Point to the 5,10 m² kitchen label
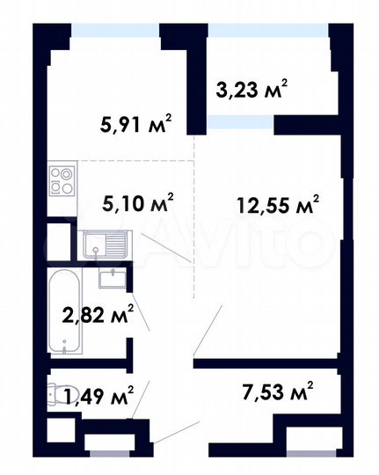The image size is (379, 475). pyautogui.click(x=138, y=203)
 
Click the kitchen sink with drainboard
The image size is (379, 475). pyautogui.click(x=106, y=245)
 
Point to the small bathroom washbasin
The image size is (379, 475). pyautogui.click(x=112, y=280)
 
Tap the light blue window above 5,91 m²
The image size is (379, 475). pyautogui.click(x=115, y=30)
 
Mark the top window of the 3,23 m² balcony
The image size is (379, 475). pyautogui.click(x=267, y=30)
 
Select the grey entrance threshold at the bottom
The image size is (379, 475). pyautogui.click(x=116, y=452)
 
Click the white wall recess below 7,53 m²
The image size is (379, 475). pyautogui.click(x=311, y=439)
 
